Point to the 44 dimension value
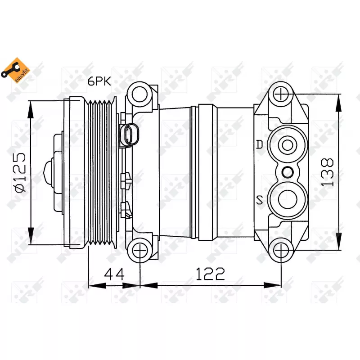pos(114,274)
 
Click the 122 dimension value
pos(210,274)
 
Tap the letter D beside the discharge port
pos(259,144)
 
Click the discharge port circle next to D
pos(287,145)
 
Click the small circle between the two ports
pos(287,171)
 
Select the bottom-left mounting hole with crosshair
pos(140,250)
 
